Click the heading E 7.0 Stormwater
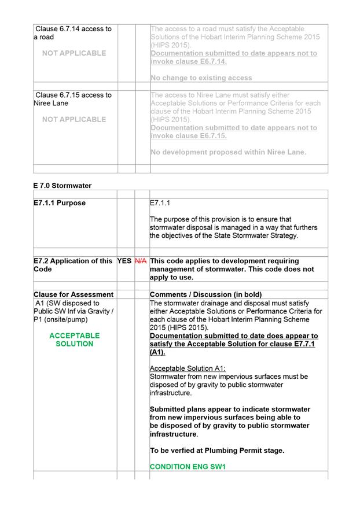pos(63,186)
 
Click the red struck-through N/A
pos(141,261)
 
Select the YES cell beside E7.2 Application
pos(124,261)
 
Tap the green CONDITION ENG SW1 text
pos(188,466)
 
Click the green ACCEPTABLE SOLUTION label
pos(75,340)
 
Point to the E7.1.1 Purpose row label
pos(60,203)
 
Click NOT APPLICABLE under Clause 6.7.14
pos(75,53)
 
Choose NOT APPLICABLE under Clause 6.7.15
pos(75,119)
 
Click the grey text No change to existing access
pos(201,78)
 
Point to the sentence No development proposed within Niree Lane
pos(228,152)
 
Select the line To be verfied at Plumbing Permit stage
pos(217,450)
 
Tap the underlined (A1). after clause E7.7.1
pos(157,352)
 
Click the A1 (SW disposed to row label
pos(67,303)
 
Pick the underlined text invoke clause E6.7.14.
pos(189,61)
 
